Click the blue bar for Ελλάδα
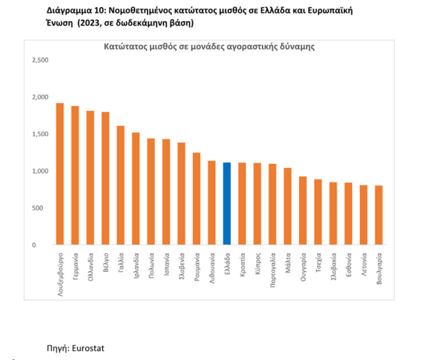[227, 204]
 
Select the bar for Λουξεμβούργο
[60, 174]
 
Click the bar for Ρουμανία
[197, 199]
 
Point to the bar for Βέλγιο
[106, 179]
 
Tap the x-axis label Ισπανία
[167, 263]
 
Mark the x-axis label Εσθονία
[349, 264]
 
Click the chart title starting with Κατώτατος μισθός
[209, 47]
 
